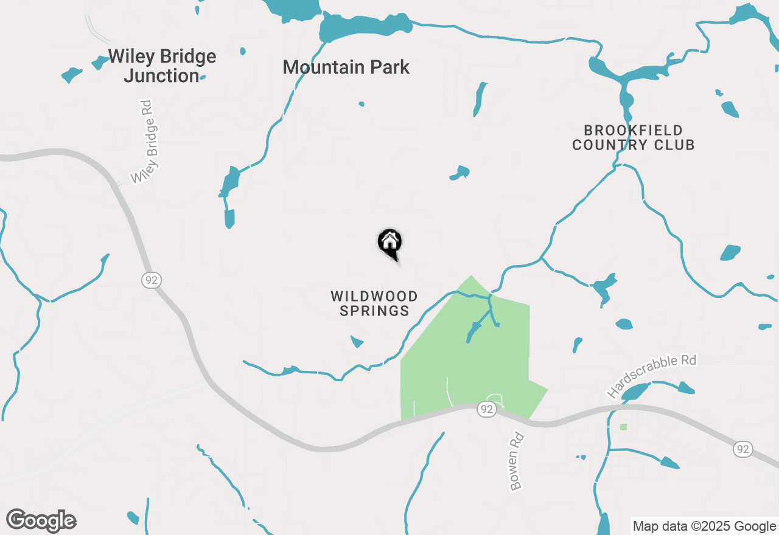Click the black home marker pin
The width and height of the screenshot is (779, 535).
390,243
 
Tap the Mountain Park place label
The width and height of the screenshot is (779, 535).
346,67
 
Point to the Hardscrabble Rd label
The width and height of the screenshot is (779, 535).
652,377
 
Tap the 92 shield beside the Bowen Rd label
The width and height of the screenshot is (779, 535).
486,409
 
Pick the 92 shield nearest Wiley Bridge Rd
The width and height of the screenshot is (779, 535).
151,280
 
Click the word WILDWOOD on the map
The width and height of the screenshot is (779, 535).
374,297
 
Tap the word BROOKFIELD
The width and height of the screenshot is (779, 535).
633,130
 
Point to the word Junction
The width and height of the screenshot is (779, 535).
161,76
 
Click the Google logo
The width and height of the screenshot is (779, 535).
41,520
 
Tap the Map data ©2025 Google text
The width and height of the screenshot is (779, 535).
704,526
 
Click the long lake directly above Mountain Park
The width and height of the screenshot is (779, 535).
365,27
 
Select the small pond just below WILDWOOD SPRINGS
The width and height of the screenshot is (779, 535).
357,342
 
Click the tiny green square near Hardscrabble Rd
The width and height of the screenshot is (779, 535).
623,427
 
